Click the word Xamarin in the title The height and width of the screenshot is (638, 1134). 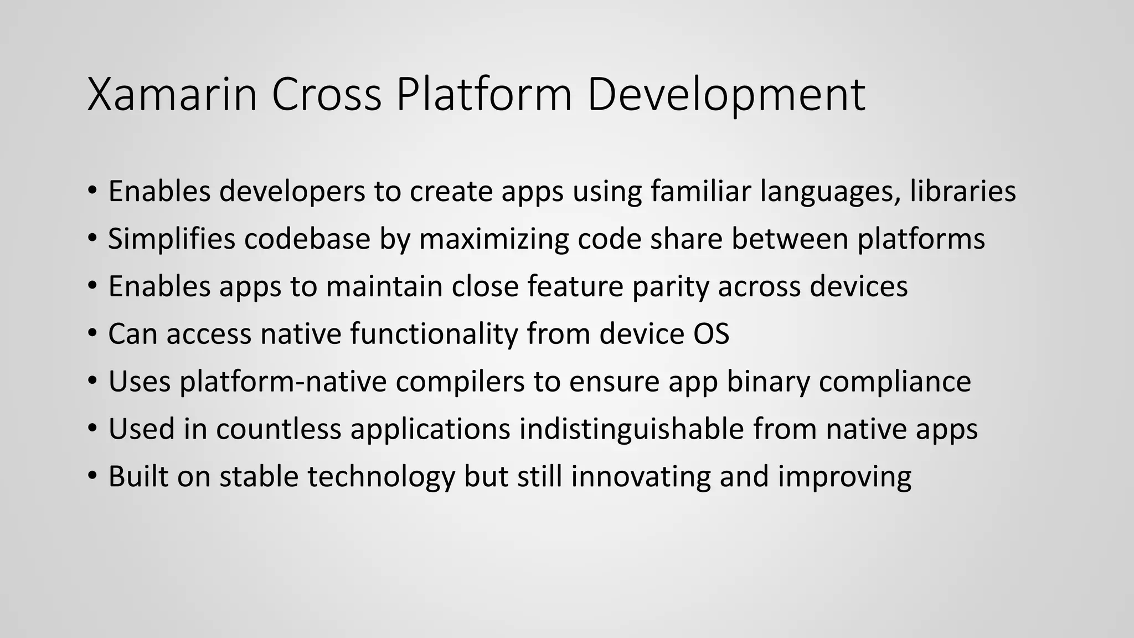(172, 95)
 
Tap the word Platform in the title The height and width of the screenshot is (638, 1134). (483, 95)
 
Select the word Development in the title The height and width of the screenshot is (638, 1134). (725, 95)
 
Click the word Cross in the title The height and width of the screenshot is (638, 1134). (327, 95)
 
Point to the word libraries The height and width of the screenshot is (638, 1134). (963, 191)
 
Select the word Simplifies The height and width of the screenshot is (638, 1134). (172, 239)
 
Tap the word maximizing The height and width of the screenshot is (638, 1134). (494, 239)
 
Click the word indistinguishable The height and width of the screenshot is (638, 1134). (631, 429)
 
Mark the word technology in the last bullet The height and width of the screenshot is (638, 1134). (381, 477)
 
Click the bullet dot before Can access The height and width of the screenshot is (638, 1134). (92, 335)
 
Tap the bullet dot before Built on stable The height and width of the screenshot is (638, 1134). (92, 477)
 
